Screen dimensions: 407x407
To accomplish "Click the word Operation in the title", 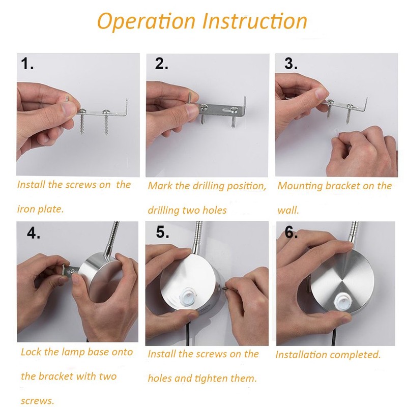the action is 146,21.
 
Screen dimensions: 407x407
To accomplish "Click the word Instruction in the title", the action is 255,20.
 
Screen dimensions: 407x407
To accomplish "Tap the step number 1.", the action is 27,64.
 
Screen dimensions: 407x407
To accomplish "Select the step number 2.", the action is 161,64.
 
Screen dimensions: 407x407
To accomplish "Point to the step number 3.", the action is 290,64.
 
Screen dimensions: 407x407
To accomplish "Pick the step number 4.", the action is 34,232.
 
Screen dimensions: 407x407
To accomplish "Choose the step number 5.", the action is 162,232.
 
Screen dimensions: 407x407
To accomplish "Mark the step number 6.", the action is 291,232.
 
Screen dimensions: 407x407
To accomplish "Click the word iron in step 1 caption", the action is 25,209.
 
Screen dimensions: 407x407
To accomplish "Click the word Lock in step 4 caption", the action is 31,352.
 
